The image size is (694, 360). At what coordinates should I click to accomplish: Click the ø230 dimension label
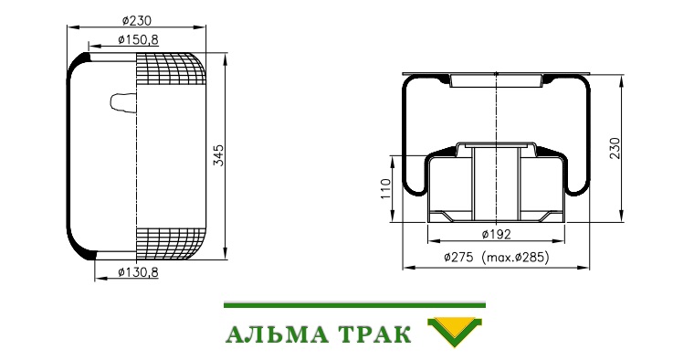[137, 21]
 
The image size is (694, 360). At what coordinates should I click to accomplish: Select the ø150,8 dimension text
[138, 40]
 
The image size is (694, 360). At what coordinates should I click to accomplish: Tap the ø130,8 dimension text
[138, 272]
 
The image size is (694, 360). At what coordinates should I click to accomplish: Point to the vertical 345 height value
[219, 155]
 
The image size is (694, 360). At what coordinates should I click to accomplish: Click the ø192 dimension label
[496, 234]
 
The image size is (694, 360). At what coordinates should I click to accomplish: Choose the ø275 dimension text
[458, 257]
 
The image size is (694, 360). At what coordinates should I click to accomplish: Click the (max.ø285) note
[515, 258]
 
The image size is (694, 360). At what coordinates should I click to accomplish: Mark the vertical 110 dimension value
[386, 188]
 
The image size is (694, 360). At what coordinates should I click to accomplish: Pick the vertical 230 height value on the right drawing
[615, 148]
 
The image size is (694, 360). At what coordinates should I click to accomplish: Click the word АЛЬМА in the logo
[277, 334]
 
